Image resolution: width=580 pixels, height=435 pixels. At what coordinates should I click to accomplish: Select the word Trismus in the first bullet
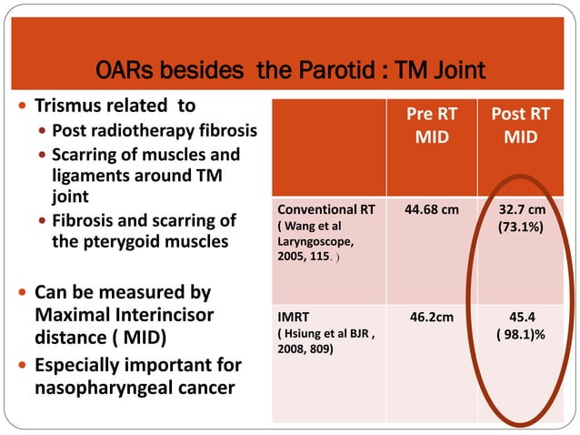pyautogui.click(x=75, y=106)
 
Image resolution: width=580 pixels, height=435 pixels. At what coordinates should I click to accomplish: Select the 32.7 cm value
pyautogui.click(x=521, y=208)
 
